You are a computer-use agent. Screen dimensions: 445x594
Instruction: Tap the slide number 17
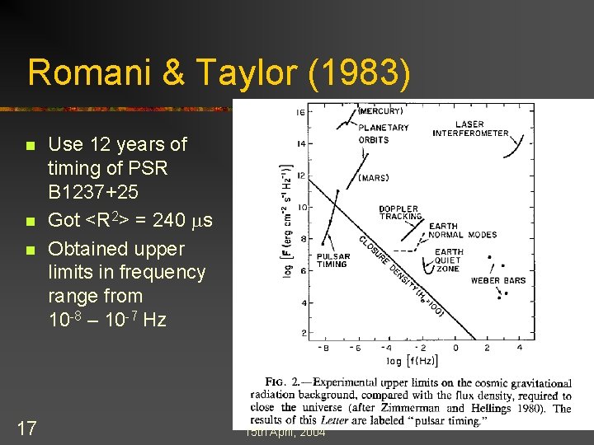(26, 429)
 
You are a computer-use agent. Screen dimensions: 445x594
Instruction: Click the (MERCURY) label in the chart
(381, 111)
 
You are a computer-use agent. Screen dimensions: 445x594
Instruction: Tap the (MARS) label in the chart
(374, 178)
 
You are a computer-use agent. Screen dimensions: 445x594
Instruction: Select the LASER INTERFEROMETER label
(470, 129)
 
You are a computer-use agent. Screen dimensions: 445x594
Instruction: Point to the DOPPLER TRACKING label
(399, 213)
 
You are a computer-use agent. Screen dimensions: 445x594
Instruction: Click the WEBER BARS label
(497, 281)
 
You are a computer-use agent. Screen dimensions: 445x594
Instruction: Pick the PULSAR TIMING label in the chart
(332, 260)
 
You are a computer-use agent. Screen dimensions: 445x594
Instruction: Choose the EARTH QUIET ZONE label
(450, 260)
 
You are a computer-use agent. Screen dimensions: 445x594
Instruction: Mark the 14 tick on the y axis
(301, 144)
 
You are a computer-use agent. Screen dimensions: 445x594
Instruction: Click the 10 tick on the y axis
(301, 207)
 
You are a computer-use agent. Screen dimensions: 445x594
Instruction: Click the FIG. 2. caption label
(278, 382)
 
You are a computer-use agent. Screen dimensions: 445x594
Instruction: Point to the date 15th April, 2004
(285, 433)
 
